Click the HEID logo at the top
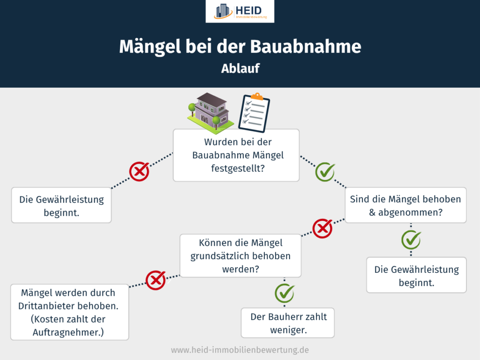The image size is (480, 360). (x=240, y=12)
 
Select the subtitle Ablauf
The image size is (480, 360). (x=240, y=68)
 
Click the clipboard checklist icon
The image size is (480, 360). (x=254, y=112)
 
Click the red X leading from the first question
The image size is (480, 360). (x=139, y=172)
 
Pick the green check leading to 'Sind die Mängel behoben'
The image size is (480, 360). (x=324, y=172)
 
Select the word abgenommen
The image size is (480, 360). (x=409, y=212)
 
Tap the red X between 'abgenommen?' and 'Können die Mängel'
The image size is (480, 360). (x=322, y=229)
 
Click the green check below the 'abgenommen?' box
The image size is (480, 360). (x=411, y=240)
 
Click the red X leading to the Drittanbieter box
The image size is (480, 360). (x=156, y=280)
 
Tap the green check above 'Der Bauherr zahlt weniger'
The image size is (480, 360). (x=284, y=293)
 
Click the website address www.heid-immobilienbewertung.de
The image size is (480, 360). (x=240, y=350)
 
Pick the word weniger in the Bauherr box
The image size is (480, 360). (x=288, y=330)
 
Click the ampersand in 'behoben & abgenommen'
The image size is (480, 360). (x=373, y=212)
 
